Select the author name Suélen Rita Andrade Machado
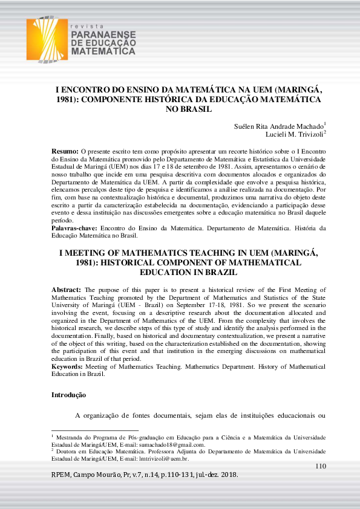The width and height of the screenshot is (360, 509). (279, 126)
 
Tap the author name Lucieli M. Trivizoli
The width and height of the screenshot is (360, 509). (294, 134)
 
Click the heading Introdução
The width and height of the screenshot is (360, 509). (68, 395)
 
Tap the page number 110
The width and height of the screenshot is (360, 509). (321, 465)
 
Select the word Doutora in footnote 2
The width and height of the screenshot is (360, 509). (70, 451)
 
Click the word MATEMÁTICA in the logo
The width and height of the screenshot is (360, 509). (103, 52)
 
